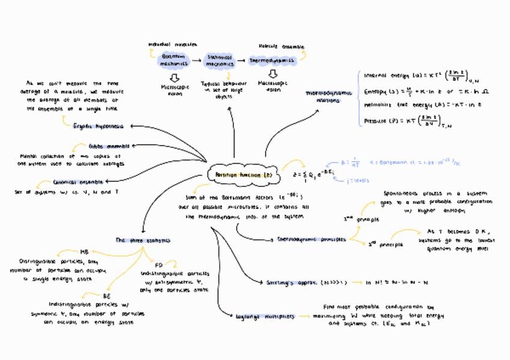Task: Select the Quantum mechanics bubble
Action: [x=174, y=59]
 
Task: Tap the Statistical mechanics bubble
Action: [x=220, y=59]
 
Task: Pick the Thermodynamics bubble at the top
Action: [x=272, y=60]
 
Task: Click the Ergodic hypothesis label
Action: [x=98, y=126]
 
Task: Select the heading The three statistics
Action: [x=143, y=240]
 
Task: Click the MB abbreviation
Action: [x=84, y=252]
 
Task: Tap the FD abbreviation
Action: [x=159, y=264]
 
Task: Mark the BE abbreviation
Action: [x=106, y=296]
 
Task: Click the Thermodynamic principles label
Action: [x=311, y=239]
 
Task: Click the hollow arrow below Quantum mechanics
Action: [x=174, y=78]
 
